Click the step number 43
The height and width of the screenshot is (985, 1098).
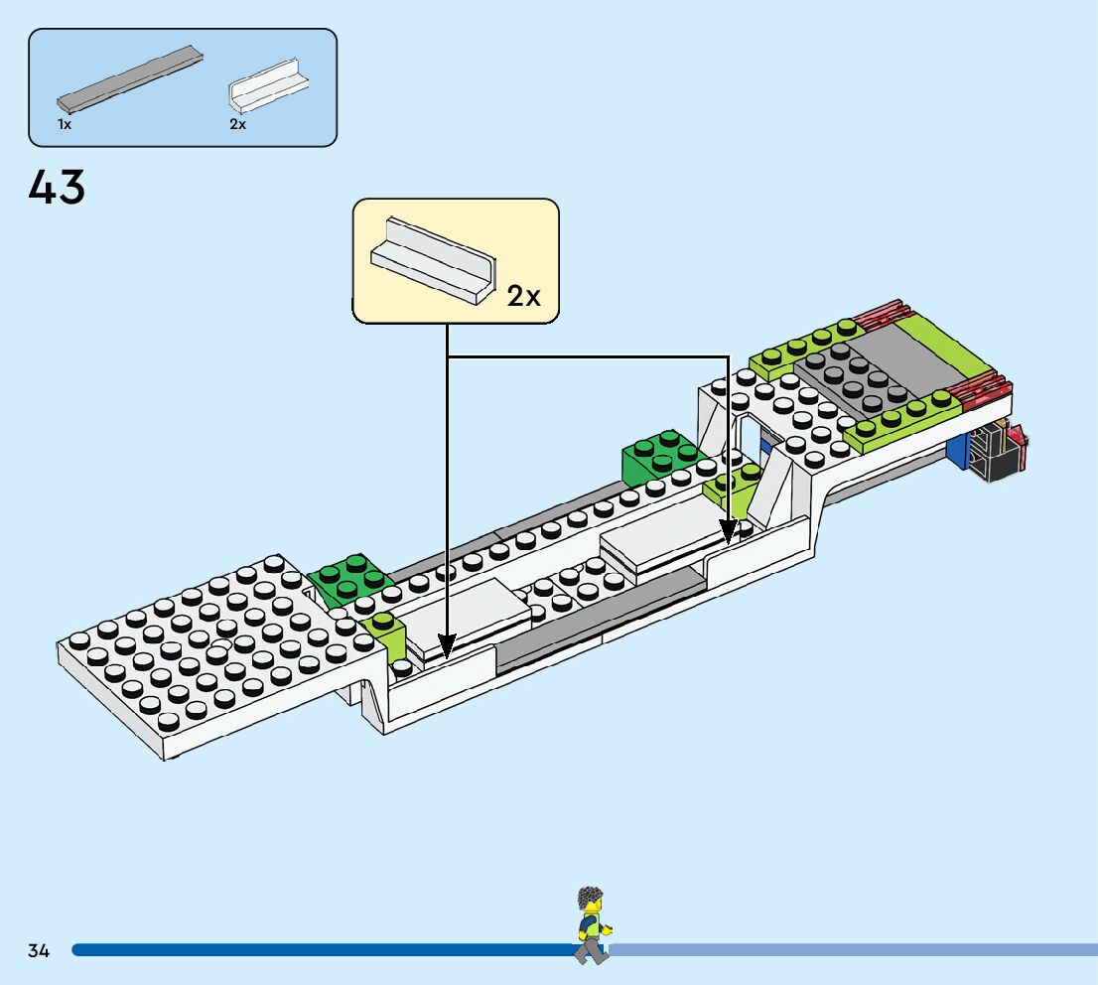(x=57, y=187)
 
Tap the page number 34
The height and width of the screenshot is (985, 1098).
(x=39, y=950)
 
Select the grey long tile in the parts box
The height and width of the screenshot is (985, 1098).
(x=129, y=79)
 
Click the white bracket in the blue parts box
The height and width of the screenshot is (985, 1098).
(x=268, y=86)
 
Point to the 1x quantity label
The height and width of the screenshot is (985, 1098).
(x=65, y=124)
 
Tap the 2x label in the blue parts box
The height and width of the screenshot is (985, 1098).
(x=238, y=124)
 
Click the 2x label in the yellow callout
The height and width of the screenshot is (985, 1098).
(x=524, y=296)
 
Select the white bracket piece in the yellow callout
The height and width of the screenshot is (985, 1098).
(x=433, y=260)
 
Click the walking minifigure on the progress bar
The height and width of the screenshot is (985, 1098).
(x=593, y=925)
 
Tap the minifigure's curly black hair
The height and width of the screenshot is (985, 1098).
(x=591, y=897)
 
